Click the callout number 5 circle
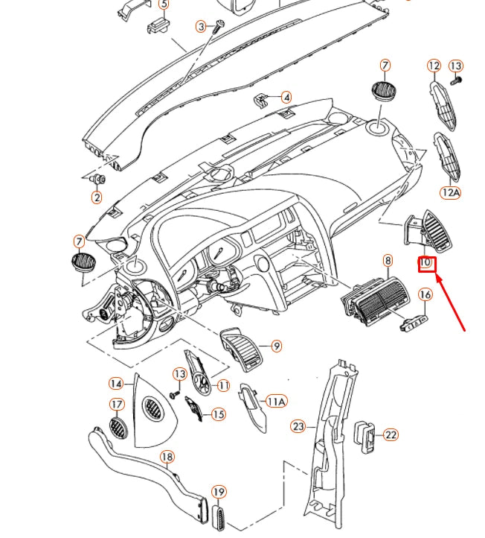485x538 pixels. pos(164,4)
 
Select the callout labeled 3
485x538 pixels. pos(201,27)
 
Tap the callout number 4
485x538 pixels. pos(286,97)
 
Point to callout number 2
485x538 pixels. pos(97,197)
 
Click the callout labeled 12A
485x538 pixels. pos(451,193)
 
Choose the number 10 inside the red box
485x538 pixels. pos(427,263)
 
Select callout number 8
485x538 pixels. pos(388,261)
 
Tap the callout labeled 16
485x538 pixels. pos(425,295)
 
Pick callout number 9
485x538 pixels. pos(277,346)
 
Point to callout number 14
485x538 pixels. pos(116,384)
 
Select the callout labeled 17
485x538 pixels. pos(117,405)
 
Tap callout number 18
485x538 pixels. pos(167,457)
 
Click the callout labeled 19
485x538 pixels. pos(219,492)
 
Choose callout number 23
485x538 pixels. pos(298,426)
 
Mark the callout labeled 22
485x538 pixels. pos(391,434)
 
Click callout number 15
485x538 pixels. pos(219,414)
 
